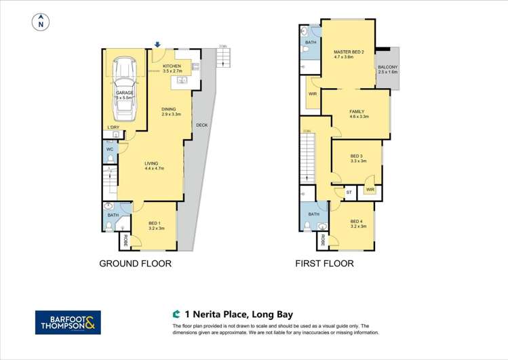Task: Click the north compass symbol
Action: click(x=41, y=22)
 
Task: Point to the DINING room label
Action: click(x=168, y=111)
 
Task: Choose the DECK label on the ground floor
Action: click(x=201, y=125)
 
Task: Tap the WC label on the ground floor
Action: click(x=109, y=148)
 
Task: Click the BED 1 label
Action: click(x=155, y=223)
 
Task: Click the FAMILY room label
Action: click(x=357, y=113)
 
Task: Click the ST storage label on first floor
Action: click(x=349, y=193)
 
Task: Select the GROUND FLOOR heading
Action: click(x=135, y=263)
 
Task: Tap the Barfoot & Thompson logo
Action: click(x=68, y=322)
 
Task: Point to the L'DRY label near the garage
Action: click(x=113, y=127)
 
